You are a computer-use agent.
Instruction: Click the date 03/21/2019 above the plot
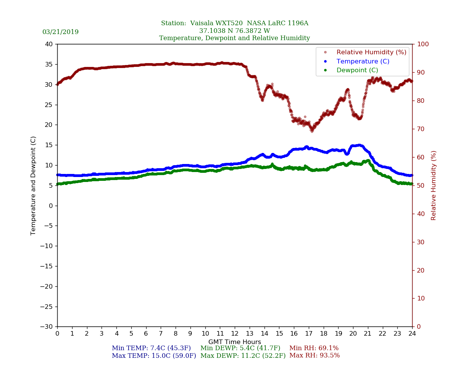tap(60, 32)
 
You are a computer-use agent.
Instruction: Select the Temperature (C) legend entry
tap(363, 61)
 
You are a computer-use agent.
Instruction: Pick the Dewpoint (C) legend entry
tap(357, 70)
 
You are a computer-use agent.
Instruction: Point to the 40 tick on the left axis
tap(49, 44)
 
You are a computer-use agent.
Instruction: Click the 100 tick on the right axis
tap(422, 44)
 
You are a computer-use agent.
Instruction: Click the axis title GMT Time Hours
tap(235, 342)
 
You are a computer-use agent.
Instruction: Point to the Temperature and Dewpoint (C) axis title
tap(34, 185)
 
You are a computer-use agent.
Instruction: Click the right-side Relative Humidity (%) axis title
tap(434, 185)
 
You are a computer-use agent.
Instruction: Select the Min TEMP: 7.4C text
tap(151, 348)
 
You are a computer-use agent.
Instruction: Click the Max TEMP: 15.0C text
tap(154, 356)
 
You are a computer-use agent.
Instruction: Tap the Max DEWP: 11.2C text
tap(243, 356)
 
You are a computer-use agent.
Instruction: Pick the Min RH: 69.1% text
tap(314, 348)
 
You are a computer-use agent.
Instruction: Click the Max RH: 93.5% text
tap(314, 356)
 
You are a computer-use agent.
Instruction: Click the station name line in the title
tap(234, 23)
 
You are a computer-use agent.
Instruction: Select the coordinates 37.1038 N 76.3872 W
tap(234, 31)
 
